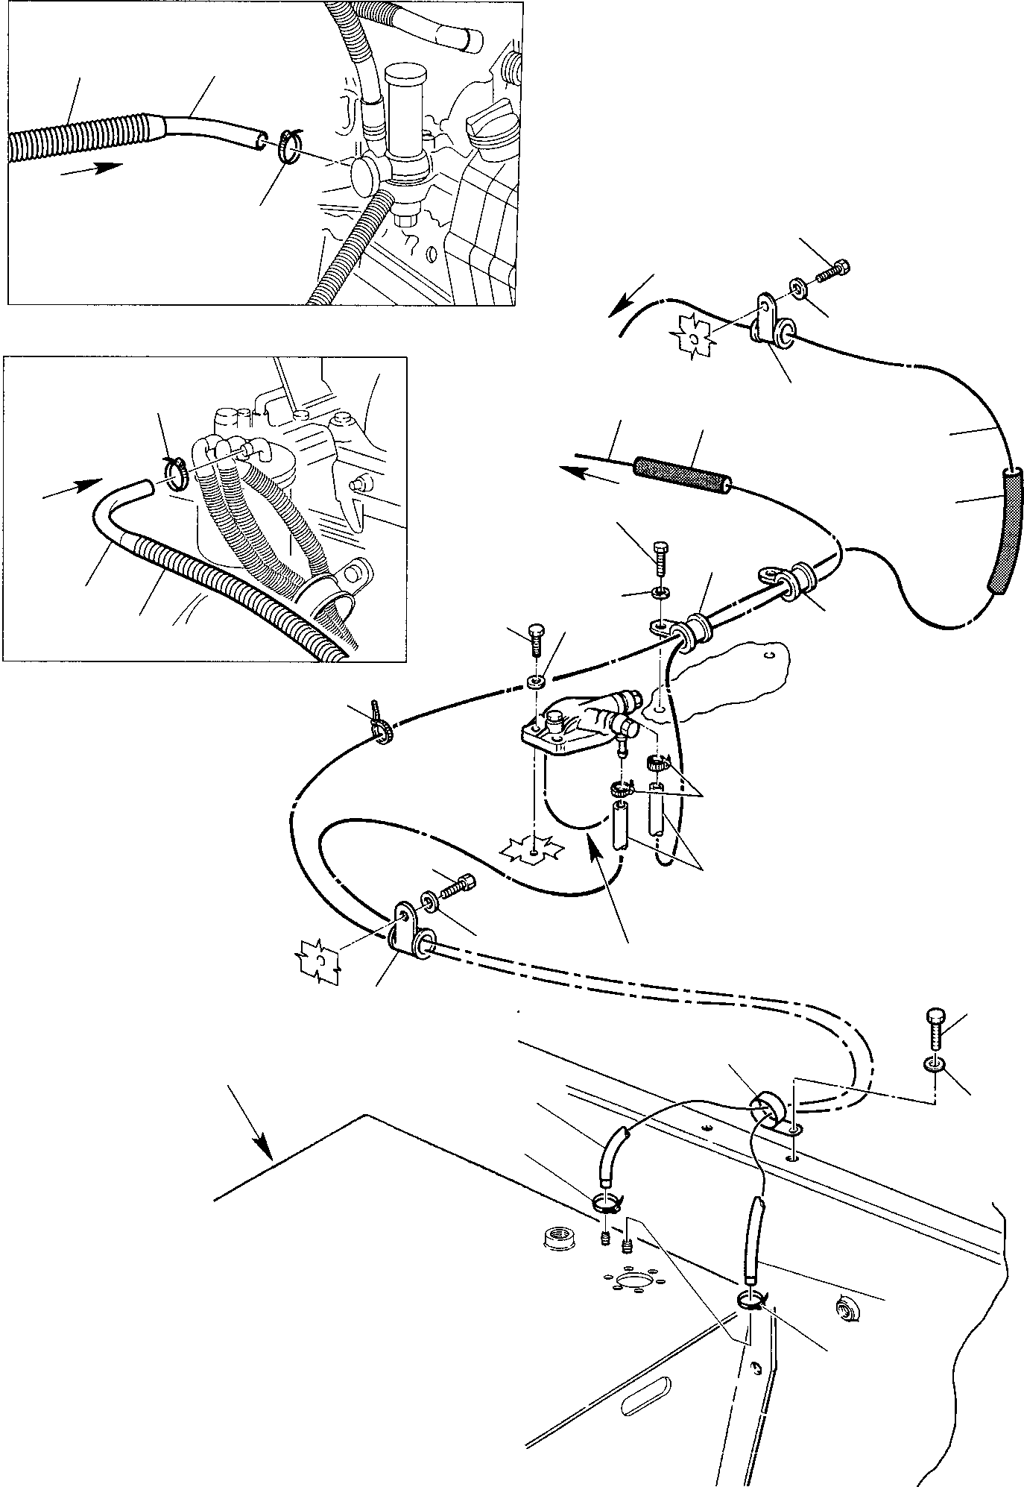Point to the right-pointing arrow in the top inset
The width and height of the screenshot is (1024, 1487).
[90, 169]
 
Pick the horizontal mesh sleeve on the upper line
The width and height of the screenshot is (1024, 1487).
[681, 477]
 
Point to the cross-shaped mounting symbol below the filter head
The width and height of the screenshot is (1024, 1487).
[534, 851]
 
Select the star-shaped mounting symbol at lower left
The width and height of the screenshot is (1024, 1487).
[319, 960]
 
